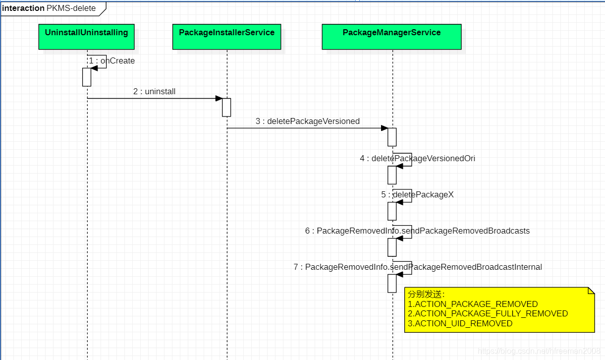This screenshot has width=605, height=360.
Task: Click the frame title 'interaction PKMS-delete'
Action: [x=49, y=8]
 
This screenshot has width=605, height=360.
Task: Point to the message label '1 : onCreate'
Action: [x=112, y=61]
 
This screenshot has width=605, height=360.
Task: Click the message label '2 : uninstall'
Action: [x=154, y=92]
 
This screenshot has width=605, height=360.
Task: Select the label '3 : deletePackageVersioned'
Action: [x=308, y=121]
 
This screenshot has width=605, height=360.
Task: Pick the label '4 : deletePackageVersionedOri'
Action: [x=417, y=159]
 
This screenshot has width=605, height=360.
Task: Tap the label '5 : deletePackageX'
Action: [x=417, y=195]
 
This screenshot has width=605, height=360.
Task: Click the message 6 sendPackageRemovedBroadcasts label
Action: [x=417, y=231]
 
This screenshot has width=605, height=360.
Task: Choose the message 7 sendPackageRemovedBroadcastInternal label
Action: [x=417, y=267]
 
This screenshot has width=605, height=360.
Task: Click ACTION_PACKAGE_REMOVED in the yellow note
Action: [x=473, y=304]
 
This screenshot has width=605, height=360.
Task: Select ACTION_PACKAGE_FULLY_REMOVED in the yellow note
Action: [x=488, y=313]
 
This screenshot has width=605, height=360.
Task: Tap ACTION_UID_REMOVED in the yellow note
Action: [x=460, y=323]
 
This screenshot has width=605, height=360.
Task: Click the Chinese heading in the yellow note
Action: [x=419, y=295]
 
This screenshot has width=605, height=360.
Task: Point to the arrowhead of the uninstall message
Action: [x=219, y=98]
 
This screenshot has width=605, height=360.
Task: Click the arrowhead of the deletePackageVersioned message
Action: [x=384, y=128]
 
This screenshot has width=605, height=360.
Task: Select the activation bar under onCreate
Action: [x=87, y=77]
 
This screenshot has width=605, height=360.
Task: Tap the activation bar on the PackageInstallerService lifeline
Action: [x=226, y=107]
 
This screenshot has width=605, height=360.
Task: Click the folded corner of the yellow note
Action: [x=591, y=291]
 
